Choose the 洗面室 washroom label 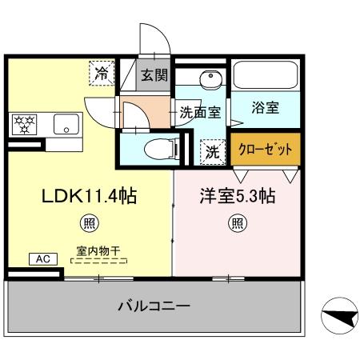coord(199,113)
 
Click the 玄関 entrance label coord(154,77)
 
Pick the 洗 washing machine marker coord(210,150)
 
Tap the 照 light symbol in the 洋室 coord(238,223)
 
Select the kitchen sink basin coord(65,124)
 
